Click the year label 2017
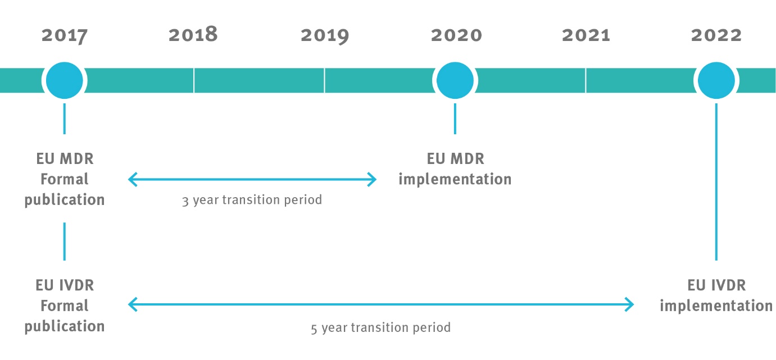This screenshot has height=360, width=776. (65, 35)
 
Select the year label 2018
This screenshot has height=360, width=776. (193, 35)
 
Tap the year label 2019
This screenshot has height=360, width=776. (324, 35)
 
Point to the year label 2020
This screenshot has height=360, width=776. (456, 35)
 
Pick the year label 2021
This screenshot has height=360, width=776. (586, 35)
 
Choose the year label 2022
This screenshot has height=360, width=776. (716, 35)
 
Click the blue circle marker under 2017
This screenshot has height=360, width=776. (65, 80)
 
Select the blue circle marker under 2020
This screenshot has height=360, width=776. (455, 80)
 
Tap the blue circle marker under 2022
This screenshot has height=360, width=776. (716, 80)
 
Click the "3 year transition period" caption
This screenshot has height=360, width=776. (252, 200)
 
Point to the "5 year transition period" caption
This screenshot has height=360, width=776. (380, 327)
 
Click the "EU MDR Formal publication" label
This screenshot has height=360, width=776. (65, 179)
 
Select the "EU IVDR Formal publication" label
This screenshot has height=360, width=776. (65, 306)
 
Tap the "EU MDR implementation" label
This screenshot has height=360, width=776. (455, 169)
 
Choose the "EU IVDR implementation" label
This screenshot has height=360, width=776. (716, 295)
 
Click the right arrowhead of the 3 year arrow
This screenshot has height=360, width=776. (373, 180)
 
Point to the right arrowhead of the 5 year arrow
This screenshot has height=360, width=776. (630, 305)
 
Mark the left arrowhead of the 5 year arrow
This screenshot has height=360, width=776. (133, 305)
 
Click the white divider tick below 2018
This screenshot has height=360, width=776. (194, 80)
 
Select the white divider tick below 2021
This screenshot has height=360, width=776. (586, 80)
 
